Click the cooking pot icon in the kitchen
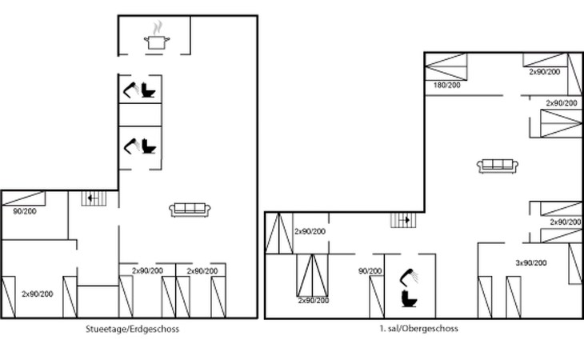coord(157,42)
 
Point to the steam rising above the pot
coord(158,28)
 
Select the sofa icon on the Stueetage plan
coord(190,210)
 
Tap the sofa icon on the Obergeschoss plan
coord(498,166)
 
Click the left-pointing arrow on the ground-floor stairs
coord(91,198)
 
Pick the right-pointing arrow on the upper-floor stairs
coord(406,220)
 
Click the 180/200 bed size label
coord(446,86)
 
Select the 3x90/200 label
coord(531,263)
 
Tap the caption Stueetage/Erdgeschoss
coord(132,329)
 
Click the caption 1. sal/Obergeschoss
coord(418,328)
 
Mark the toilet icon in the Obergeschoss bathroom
coord(410,299)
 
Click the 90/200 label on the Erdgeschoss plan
coord(25,211)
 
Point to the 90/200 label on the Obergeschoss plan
coord(370,271)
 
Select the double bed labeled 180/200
coord(446,66)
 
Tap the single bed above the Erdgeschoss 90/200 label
coord(24,198)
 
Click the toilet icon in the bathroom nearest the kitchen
coord(148,90)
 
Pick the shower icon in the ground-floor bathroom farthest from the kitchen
coord(131,146)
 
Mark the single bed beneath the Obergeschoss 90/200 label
coord(377,297)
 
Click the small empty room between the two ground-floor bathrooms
coord(140,114)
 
